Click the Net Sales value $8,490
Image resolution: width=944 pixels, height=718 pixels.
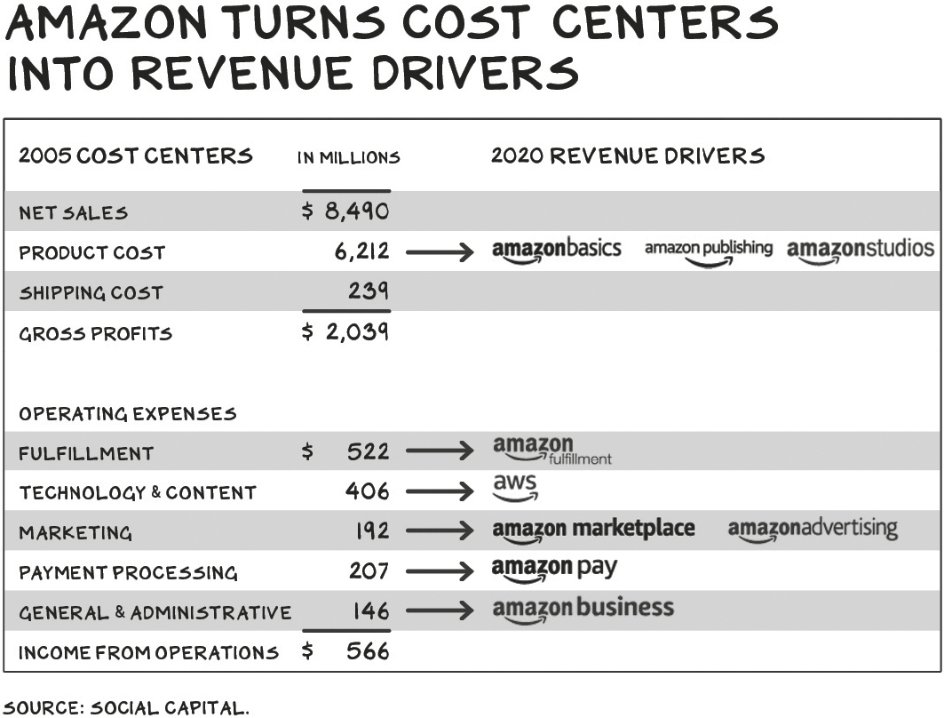[x=345, y=211]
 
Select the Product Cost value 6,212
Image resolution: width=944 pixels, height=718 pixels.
[x=361, y=251]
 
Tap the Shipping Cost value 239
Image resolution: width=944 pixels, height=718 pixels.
[x=369, y=291]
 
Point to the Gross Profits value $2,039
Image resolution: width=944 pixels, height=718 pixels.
[x=345, y=331]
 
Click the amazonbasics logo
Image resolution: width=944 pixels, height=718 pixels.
[x=556, y=251]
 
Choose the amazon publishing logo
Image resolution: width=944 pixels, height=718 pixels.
[x=709, y=251]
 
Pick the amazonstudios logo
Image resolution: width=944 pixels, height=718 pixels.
[x=861, y=251]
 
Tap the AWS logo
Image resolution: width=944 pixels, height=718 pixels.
[x=515, y=488]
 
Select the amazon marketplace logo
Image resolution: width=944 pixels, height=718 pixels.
[x=593, y=531]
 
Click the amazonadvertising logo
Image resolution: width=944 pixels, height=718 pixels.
[x=813, y=531]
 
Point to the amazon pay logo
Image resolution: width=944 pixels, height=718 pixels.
[x=554, y=570]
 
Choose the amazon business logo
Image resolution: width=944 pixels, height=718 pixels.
[x=583, y=610]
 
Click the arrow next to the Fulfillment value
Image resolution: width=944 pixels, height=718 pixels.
[x=440, y=451]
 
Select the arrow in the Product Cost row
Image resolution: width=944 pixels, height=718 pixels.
[x=440, y=251]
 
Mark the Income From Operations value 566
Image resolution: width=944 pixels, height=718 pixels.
[x=345, y=651]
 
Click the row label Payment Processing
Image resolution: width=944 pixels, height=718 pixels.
[x=128, y=572]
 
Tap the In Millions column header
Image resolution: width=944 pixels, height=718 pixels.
[x=349, y=158]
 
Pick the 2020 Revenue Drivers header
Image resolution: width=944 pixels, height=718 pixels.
[x=628, y=156]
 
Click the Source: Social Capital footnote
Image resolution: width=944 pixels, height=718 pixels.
[x=126, y=707]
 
